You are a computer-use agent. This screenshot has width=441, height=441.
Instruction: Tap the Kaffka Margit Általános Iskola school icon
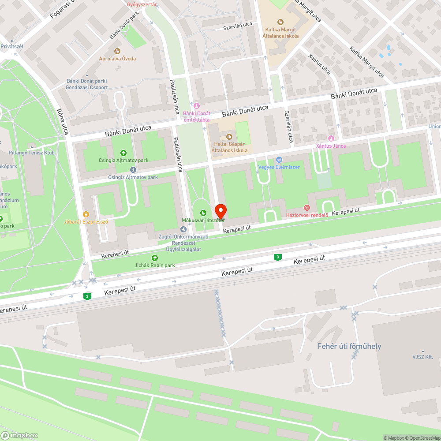coord(280,22)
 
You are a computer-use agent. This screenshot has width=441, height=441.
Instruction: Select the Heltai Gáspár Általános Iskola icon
coord(229,136)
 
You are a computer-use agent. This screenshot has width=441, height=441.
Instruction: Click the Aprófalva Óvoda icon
coord(117,51)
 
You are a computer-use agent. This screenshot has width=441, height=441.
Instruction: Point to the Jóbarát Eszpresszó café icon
coord(86,214)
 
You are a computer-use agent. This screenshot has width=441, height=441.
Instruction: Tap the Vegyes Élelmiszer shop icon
coord(279,160)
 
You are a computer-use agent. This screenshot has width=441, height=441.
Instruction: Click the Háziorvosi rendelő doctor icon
coord(307,207)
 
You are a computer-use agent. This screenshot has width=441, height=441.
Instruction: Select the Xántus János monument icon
coord(331,138)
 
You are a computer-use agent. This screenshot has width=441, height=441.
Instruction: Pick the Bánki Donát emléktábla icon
coord(197,105)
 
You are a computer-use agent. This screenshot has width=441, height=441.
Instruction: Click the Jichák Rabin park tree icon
coord(154,258)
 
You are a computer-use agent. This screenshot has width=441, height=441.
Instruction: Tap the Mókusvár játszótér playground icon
coord(203,213)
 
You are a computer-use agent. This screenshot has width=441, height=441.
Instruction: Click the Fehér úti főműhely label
coord(349,346)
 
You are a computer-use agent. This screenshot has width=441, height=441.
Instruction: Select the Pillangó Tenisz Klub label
coord(31,153)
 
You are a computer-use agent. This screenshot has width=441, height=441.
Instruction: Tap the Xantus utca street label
coord(319,64)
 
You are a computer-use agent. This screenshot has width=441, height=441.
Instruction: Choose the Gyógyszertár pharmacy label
coord(142,4)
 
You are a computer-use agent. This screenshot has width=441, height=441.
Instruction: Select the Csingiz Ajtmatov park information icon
coord(133,170)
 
